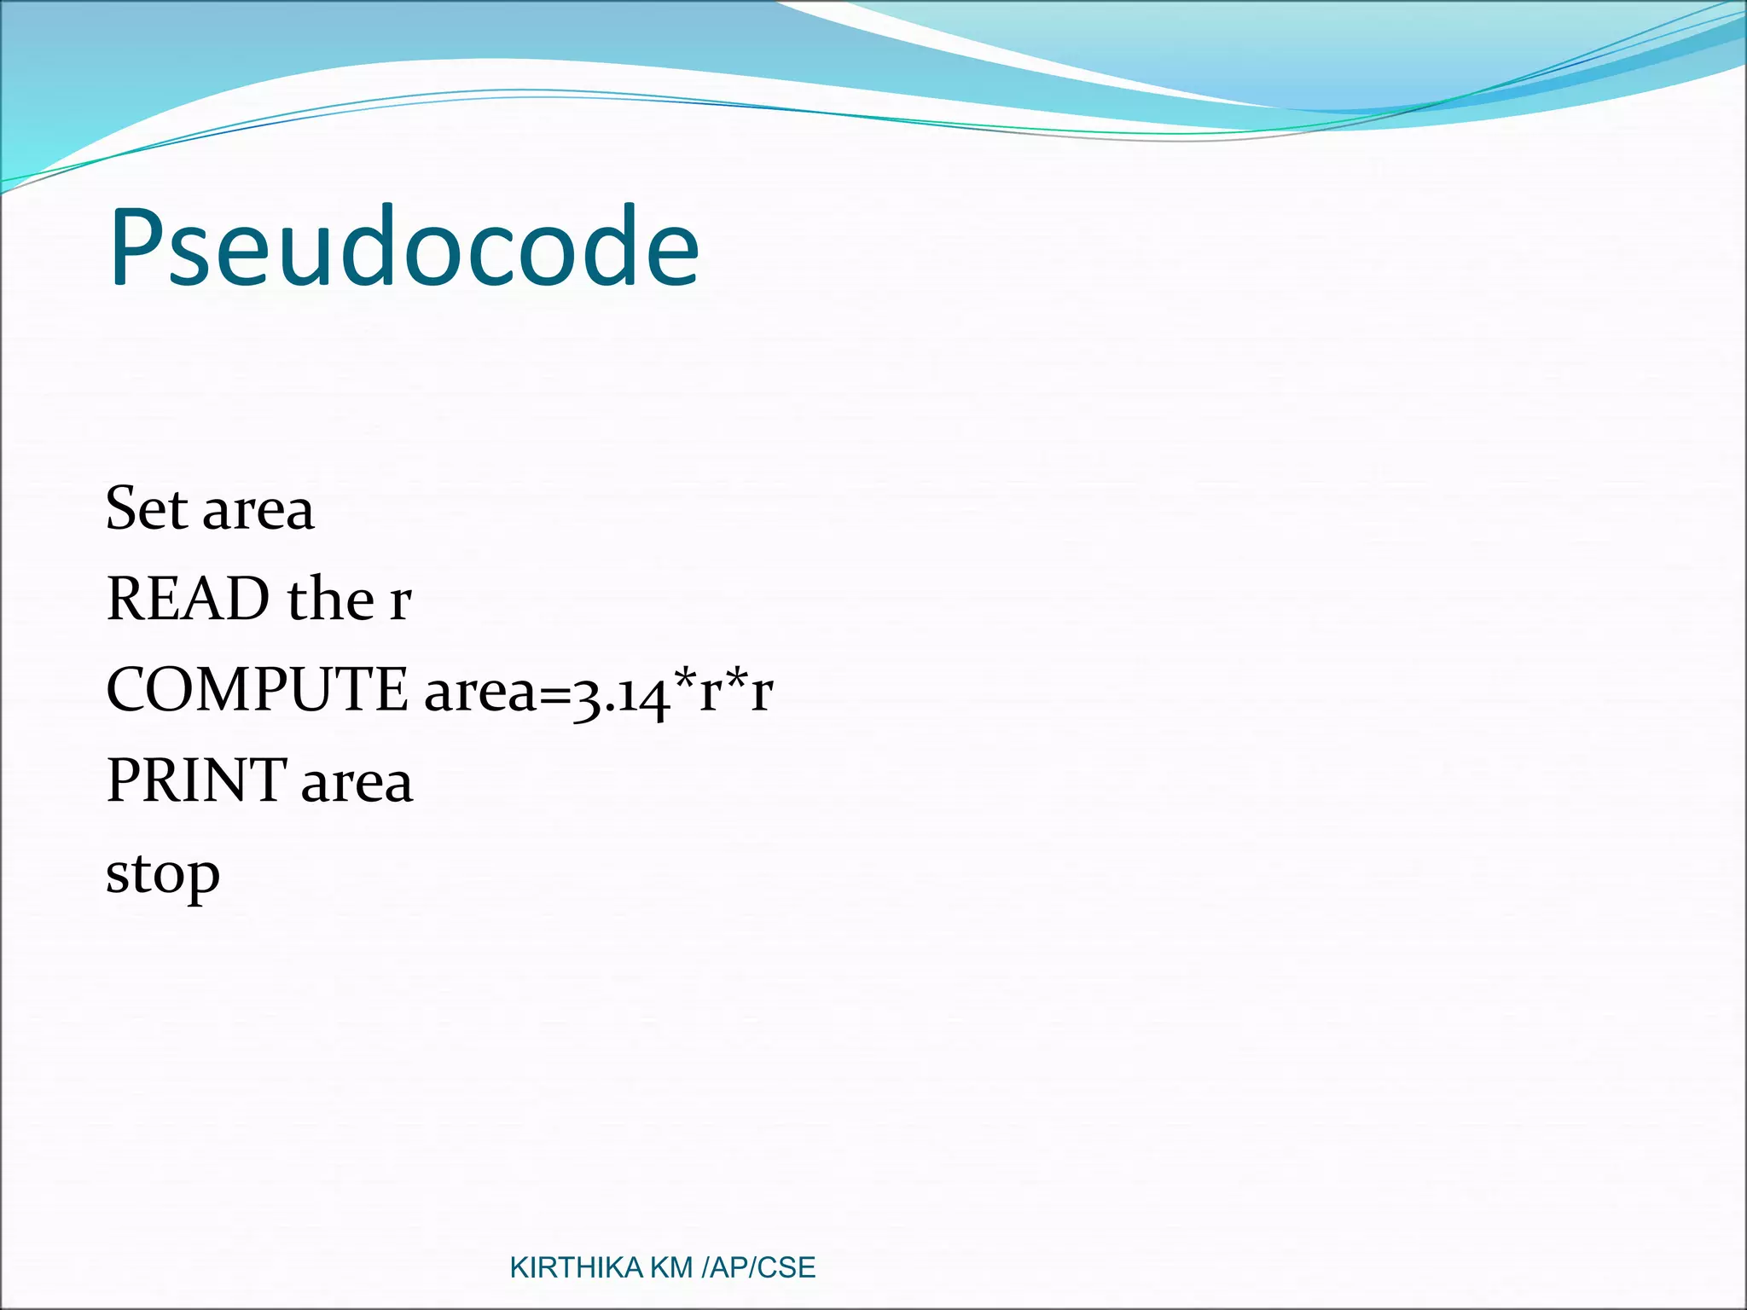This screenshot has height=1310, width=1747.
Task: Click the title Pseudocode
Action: tap(403, 247)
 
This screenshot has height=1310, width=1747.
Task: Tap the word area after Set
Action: tap(258, 512)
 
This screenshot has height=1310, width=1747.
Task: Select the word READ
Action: tap(188, 599)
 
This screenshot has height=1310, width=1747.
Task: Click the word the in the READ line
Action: tap(330, 599)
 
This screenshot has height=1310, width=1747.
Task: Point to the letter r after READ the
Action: tap(400, 602)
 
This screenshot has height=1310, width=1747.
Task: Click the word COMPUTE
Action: tap(257, 690)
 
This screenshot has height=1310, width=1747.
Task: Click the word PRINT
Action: tap(196, 781)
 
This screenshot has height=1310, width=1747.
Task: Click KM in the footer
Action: tap(670, 1268)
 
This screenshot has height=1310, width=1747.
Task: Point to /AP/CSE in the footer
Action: tap(757, 1268)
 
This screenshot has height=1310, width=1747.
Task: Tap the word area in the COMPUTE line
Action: tap(479, 693)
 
